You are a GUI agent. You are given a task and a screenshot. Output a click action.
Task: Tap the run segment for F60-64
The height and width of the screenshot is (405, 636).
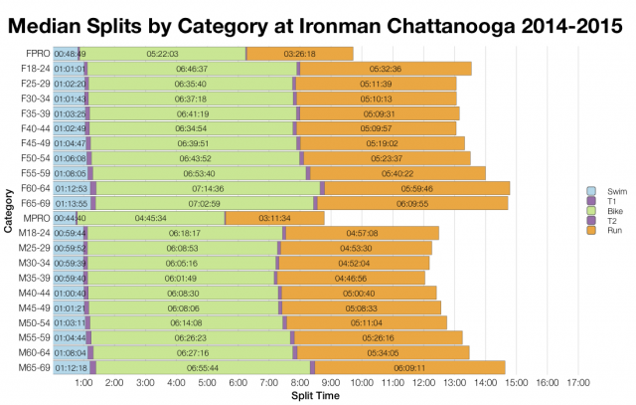417,187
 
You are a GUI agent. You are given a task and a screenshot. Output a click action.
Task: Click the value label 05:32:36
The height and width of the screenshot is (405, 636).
385,68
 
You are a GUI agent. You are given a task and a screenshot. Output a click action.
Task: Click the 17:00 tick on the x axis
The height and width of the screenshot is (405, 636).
578,383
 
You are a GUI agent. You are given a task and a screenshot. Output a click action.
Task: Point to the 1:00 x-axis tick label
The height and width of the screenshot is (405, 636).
84,383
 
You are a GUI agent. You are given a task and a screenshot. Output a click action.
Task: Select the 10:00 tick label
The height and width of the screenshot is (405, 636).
363,383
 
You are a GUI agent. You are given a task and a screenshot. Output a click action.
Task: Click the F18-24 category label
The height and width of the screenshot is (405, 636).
36,68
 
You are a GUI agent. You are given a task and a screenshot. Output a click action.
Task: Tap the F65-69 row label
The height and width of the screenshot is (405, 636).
36,202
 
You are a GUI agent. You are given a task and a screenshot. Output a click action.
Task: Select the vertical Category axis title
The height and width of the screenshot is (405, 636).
8,210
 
